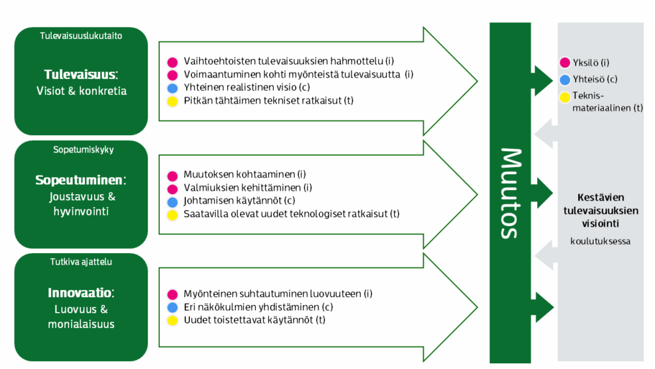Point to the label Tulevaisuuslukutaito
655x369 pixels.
coord(81,36)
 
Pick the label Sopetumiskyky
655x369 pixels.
coord(81,150)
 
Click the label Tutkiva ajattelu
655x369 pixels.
coord(81,261)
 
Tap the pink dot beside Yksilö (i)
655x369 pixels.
coord(564,63)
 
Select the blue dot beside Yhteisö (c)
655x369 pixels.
coord(564,80)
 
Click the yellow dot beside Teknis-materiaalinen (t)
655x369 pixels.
coord(564,97)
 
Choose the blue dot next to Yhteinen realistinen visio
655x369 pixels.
coord(171,88)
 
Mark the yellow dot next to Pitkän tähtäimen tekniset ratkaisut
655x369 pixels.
coord(171,101)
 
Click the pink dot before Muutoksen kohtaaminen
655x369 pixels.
coord(171,175)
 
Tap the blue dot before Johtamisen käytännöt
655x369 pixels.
coord(171,201)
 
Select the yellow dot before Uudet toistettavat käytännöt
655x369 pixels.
coord(171,320)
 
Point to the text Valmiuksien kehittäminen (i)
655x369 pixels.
coord(248,188)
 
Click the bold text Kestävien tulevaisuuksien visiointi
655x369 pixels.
coord(601,210)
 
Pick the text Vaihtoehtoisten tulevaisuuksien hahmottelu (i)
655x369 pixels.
coord(288,61)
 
